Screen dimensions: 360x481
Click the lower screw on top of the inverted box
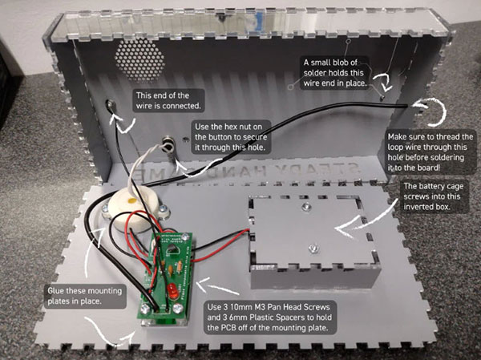click(x=306, y=247)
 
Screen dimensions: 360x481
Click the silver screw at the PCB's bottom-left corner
click(x=147, y=305)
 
